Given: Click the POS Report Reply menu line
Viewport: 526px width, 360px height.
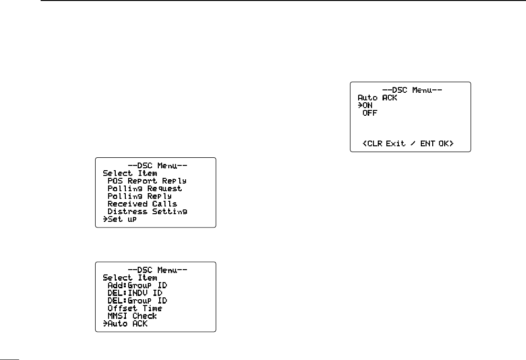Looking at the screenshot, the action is pos(147,181).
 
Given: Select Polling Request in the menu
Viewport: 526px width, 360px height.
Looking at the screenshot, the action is pos(144,188).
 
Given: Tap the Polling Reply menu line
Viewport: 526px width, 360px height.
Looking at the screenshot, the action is pos(139,196).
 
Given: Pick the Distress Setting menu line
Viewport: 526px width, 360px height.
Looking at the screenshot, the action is pos(147,211).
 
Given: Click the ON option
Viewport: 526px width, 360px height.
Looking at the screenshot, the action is pos(368,105).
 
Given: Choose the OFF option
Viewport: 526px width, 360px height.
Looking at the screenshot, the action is pos(370,113).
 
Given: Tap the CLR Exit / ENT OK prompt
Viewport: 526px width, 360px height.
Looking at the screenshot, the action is pos(408,143).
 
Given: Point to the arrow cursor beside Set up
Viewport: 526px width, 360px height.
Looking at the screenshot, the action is pos(105,219).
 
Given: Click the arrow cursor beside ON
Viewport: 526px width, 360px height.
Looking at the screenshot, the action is pos(360,105).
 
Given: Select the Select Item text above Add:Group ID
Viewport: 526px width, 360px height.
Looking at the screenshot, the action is pos(130,277).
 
